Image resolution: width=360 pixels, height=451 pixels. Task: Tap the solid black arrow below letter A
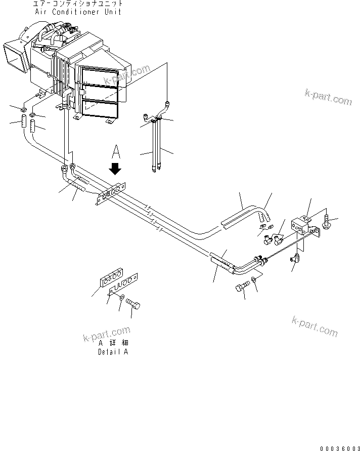[116, 168]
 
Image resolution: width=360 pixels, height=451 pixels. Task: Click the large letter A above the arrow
[116, 151]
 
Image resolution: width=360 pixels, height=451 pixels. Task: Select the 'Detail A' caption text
[113, 352]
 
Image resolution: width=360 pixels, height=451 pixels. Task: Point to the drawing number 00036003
[340, 447]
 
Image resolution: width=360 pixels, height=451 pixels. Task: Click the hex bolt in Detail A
[133, 304]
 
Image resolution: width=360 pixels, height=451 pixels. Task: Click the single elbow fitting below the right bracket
[294, 259]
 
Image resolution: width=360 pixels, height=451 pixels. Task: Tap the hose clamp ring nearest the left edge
[24, 110]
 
